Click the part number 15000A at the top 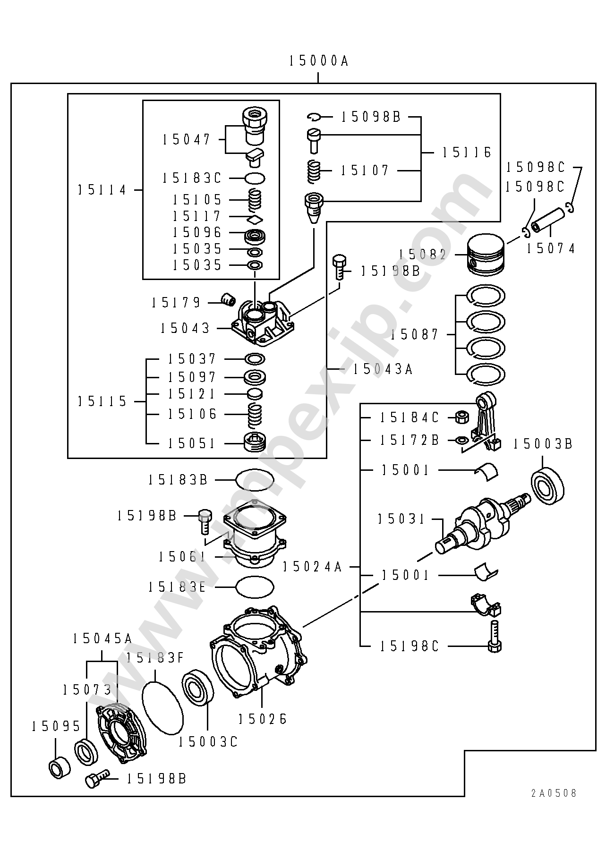[318, 61]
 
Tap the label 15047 [187, 140]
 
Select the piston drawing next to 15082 [487, 255]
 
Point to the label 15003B [543, 444]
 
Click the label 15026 [263, 719]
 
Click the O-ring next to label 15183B [255, 480]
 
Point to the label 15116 [467, 153]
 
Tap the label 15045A [102, 638]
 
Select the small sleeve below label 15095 [60, 768]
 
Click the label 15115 [102, 401]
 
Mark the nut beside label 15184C [461, 417]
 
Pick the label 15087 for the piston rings [415, 335]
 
